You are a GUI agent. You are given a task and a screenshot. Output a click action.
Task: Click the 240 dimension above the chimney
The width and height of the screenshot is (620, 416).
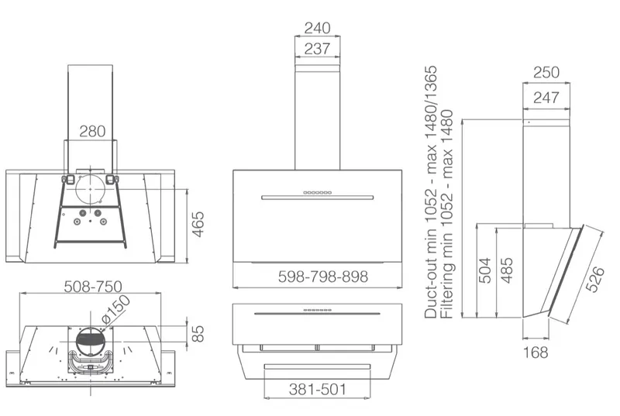317,28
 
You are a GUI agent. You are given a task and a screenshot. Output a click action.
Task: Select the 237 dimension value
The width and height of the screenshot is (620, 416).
317,49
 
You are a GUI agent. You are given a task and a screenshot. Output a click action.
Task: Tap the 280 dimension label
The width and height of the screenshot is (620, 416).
92,131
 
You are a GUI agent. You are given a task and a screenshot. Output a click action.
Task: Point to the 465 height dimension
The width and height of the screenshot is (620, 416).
198,225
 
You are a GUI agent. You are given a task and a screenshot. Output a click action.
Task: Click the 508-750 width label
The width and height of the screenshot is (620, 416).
93,287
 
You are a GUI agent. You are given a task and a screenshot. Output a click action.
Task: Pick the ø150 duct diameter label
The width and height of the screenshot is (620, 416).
115,310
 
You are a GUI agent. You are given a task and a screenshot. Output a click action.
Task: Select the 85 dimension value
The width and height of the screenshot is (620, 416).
198,333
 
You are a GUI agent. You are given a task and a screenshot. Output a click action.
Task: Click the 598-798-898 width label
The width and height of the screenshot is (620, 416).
323,277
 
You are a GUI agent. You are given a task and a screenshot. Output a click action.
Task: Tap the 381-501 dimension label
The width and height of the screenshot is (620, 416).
318,390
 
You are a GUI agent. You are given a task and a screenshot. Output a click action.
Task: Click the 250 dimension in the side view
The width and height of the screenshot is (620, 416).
546,73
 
